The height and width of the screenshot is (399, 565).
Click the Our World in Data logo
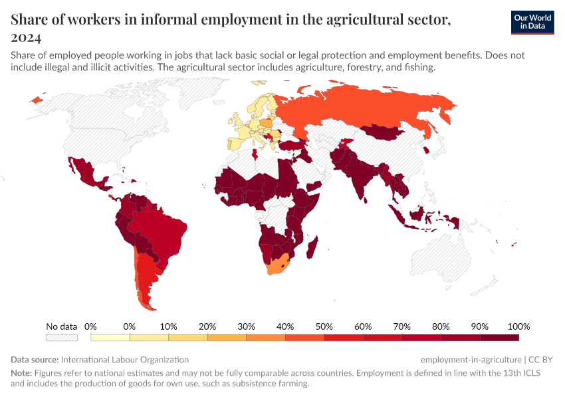[532, 22]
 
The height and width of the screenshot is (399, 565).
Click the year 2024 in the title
[26, 37]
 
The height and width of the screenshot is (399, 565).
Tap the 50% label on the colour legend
[324, 327]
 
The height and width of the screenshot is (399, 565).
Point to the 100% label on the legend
[518, 327]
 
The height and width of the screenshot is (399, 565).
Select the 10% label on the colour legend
[168, 327]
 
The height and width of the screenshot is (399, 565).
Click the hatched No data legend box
[62, 337]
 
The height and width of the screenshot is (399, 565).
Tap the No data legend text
[62, 327]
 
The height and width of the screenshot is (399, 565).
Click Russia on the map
[372, 106]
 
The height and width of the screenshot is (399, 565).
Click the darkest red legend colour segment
[499, 337]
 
